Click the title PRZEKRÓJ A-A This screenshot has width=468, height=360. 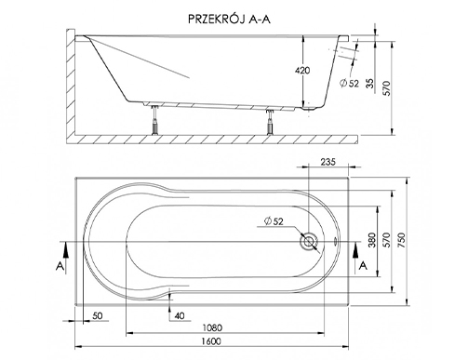(229, 20)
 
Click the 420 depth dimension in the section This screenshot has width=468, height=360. (302, 71)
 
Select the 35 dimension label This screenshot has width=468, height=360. (370, 83)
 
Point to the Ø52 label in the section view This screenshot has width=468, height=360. (349, 83)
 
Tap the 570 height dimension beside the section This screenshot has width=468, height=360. (387, 88)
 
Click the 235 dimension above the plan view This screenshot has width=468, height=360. (328, 162)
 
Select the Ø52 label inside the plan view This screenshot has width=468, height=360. (274, 221)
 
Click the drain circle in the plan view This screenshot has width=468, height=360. (309, 241)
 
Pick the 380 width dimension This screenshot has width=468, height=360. (372, 240)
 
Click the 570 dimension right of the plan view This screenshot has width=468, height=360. (386, 240)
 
